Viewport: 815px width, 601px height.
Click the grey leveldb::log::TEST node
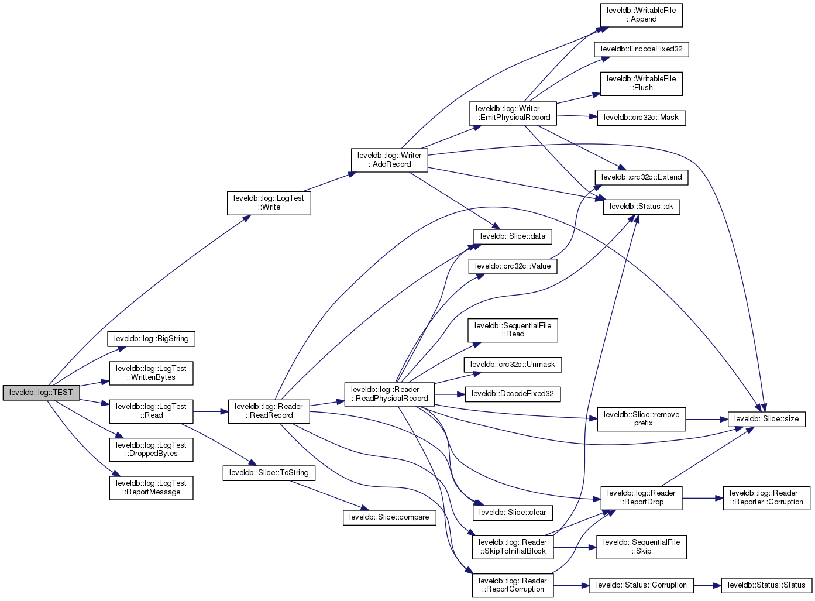(41, 393)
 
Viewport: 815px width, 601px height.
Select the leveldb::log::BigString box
(151, 339)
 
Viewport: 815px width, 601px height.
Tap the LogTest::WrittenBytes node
(151, 373)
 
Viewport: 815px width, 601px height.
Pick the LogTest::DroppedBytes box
(151, 449)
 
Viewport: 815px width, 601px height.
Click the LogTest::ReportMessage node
(151, 487)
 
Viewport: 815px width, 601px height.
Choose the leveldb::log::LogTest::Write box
(269, 202)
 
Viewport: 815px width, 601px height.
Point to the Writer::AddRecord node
(389, 160)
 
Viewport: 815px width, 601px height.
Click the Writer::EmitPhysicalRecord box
(513, 113)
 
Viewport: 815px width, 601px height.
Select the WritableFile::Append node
(641, 15)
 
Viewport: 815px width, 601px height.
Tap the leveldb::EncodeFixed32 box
(641, 49)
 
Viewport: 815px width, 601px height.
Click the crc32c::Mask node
(641, 118)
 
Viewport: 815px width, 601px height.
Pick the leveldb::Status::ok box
(641, 207)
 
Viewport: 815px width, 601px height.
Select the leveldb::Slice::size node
(766, 419)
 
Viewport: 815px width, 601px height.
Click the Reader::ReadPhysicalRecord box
(389, 394)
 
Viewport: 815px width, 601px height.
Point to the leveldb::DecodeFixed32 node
(513, 394)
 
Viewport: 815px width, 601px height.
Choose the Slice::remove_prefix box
(641, 419)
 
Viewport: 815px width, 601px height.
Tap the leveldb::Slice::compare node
(389, 517)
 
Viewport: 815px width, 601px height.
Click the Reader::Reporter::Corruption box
(766, 497)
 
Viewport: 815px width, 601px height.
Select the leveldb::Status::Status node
(766, 585)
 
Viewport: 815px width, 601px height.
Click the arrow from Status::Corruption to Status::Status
(707, 585)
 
